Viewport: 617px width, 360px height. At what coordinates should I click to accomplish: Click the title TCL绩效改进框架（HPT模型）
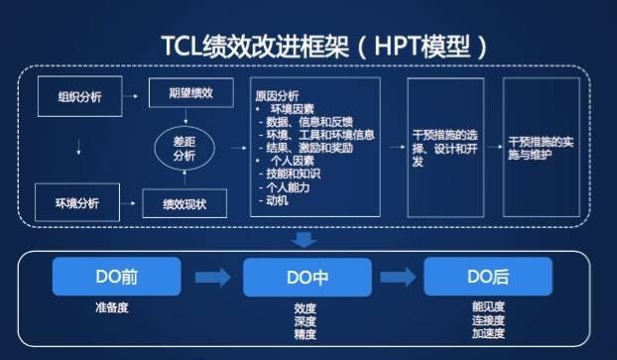[324, 47]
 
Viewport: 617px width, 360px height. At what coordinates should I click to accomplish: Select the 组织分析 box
[80, 96]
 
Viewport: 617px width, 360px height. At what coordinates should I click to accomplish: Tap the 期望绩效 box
[191, 93]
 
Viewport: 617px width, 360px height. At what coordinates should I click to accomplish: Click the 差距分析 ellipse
[185, 149]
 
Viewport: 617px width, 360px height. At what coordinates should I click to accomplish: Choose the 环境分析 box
[77, 202]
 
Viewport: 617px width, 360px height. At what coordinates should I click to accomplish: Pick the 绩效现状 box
[185, 203]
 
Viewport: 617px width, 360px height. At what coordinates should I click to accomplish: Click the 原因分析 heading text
[277, 95]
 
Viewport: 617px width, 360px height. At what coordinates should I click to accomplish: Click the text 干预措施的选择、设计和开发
[445, 149]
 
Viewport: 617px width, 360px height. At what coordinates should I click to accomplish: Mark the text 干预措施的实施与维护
[541, 149]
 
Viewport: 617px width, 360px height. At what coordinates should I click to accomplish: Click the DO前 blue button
[116, 277]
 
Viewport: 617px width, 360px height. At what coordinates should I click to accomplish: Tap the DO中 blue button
[308, 278]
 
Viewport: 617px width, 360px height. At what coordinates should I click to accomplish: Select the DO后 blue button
[488, 276]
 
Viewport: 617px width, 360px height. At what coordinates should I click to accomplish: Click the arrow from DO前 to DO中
[213, 278]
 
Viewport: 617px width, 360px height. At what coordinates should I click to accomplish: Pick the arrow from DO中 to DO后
[398, 277]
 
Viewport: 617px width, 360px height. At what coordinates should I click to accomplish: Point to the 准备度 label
[112, 307]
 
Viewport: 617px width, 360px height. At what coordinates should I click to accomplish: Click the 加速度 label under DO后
[488, 333]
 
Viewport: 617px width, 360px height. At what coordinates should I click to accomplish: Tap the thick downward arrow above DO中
[304, 239]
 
